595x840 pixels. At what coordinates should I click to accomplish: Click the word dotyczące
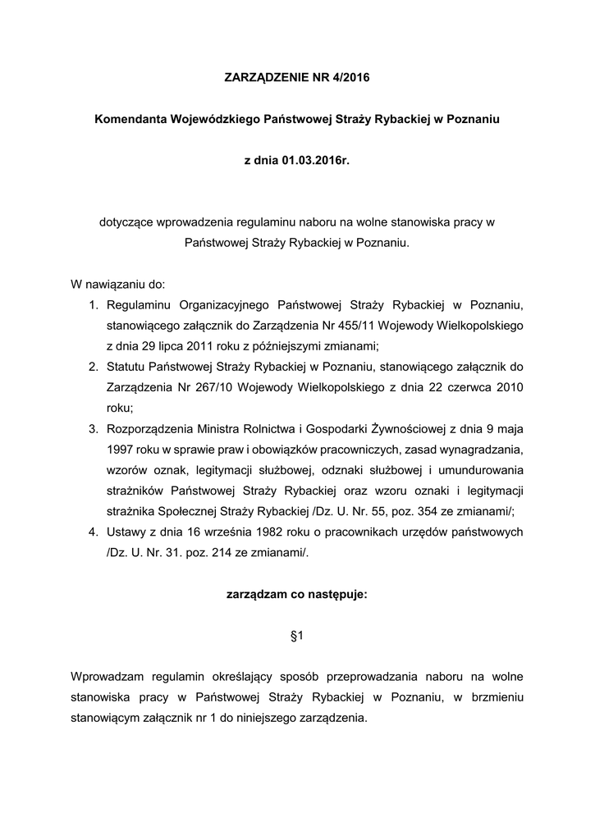123,221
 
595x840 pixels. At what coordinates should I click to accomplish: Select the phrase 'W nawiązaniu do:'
118,285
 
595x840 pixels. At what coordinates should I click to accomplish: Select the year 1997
121,450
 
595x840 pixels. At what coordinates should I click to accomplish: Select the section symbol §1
297,637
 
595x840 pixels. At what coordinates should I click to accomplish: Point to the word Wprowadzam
108,677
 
